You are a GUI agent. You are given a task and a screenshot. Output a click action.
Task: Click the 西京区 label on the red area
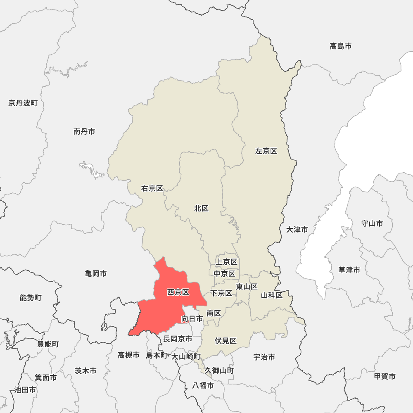tap(178, 292)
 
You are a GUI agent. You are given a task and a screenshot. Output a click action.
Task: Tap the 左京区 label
tap(266, 151)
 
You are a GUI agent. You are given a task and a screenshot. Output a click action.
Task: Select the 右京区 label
tap(152, 189)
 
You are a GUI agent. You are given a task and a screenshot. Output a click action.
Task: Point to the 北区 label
tap(201, 209)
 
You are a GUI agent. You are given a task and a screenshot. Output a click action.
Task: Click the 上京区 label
tap(226, 262)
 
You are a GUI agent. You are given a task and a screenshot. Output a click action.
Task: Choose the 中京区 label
tap(224, 273)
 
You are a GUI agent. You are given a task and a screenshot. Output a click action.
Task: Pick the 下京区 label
tap(221, 293)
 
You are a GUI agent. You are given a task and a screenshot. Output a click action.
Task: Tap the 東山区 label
tap(247, 287)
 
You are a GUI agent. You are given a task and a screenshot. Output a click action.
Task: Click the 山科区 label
tap(272, 295)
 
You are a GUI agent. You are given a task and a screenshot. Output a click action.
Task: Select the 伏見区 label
tap(225, 341)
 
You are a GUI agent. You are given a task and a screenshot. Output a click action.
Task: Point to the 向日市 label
tap(192, 319)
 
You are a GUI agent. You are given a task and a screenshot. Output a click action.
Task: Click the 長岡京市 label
tap(178, 339)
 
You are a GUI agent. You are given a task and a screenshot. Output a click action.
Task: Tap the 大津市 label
tap(297, 229)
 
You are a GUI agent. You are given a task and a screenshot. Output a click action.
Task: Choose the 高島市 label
tap(341, 46)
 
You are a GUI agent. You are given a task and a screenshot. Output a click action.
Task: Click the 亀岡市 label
tap(96, 273)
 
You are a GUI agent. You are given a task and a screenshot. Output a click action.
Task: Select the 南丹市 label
tap(84, 131)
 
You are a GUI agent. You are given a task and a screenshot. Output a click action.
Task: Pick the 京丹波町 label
tap(23, 103)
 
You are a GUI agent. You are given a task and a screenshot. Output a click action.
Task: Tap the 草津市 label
tap(349, 270)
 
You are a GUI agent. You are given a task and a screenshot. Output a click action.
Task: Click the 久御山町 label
tap(219, 370)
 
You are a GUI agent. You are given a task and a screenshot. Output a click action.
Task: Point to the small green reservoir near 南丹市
tap(92, 169)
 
